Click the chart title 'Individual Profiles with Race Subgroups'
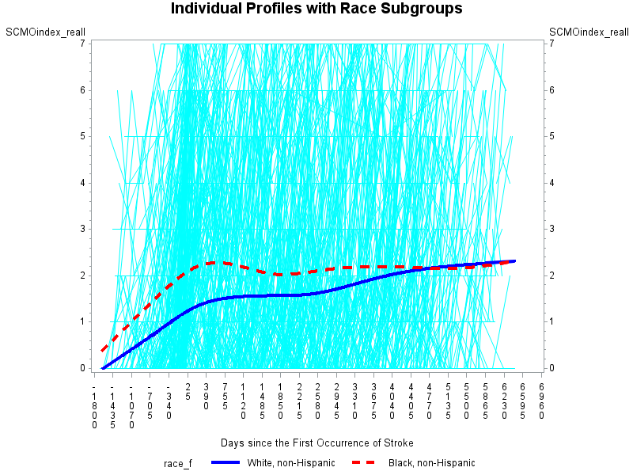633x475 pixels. point(316,9)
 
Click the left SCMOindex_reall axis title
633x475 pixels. point(45,32)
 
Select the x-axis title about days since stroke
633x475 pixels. point(316,443)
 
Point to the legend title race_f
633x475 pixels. point(177,463)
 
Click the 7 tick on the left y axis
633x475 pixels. point(82,44)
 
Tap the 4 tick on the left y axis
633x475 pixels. point(82,183)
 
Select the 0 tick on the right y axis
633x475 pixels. point(551,368)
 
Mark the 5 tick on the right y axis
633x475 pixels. point(551,136)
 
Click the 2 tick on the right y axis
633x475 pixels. point(551,275)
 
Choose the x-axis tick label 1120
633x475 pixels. point(244,405)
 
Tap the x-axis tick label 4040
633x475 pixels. point(392,405)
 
